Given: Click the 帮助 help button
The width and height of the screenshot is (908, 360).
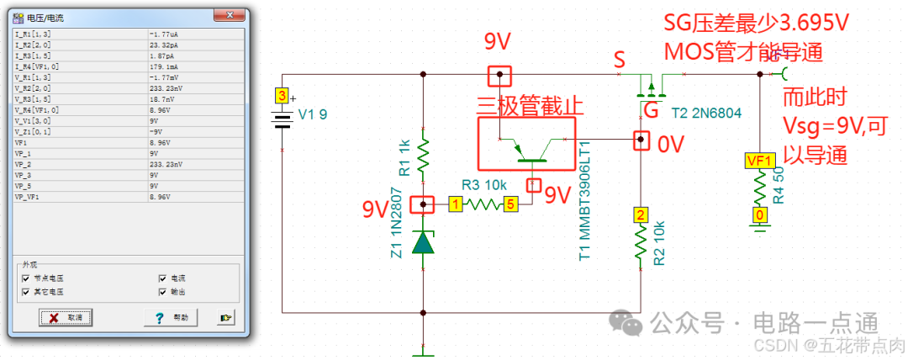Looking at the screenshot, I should [x=170, y=317].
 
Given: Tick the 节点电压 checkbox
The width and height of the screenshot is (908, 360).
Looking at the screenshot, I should [x=27, y=278].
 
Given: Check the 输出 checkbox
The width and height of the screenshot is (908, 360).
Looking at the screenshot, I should [x=164, y=291].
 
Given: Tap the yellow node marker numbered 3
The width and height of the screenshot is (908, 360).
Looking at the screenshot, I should [x=282, y=95].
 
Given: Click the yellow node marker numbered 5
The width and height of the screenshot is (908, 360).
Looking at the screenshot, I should [x=510, y=204].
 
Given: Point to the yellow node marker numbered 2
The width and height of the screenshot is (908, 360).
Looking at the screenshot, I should [x=640, y=214].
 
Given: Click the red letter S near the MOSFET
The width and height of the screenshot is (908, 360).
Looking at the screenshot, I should [x=620, y=60].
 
